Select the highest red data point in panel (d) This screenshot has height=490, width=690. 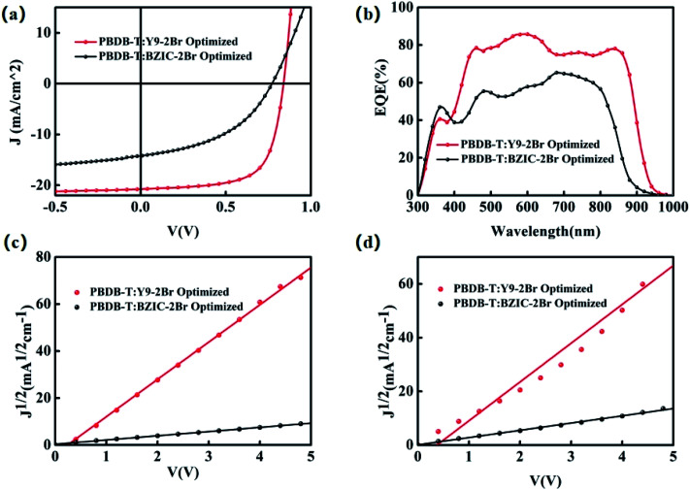[x=642, y=284]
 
